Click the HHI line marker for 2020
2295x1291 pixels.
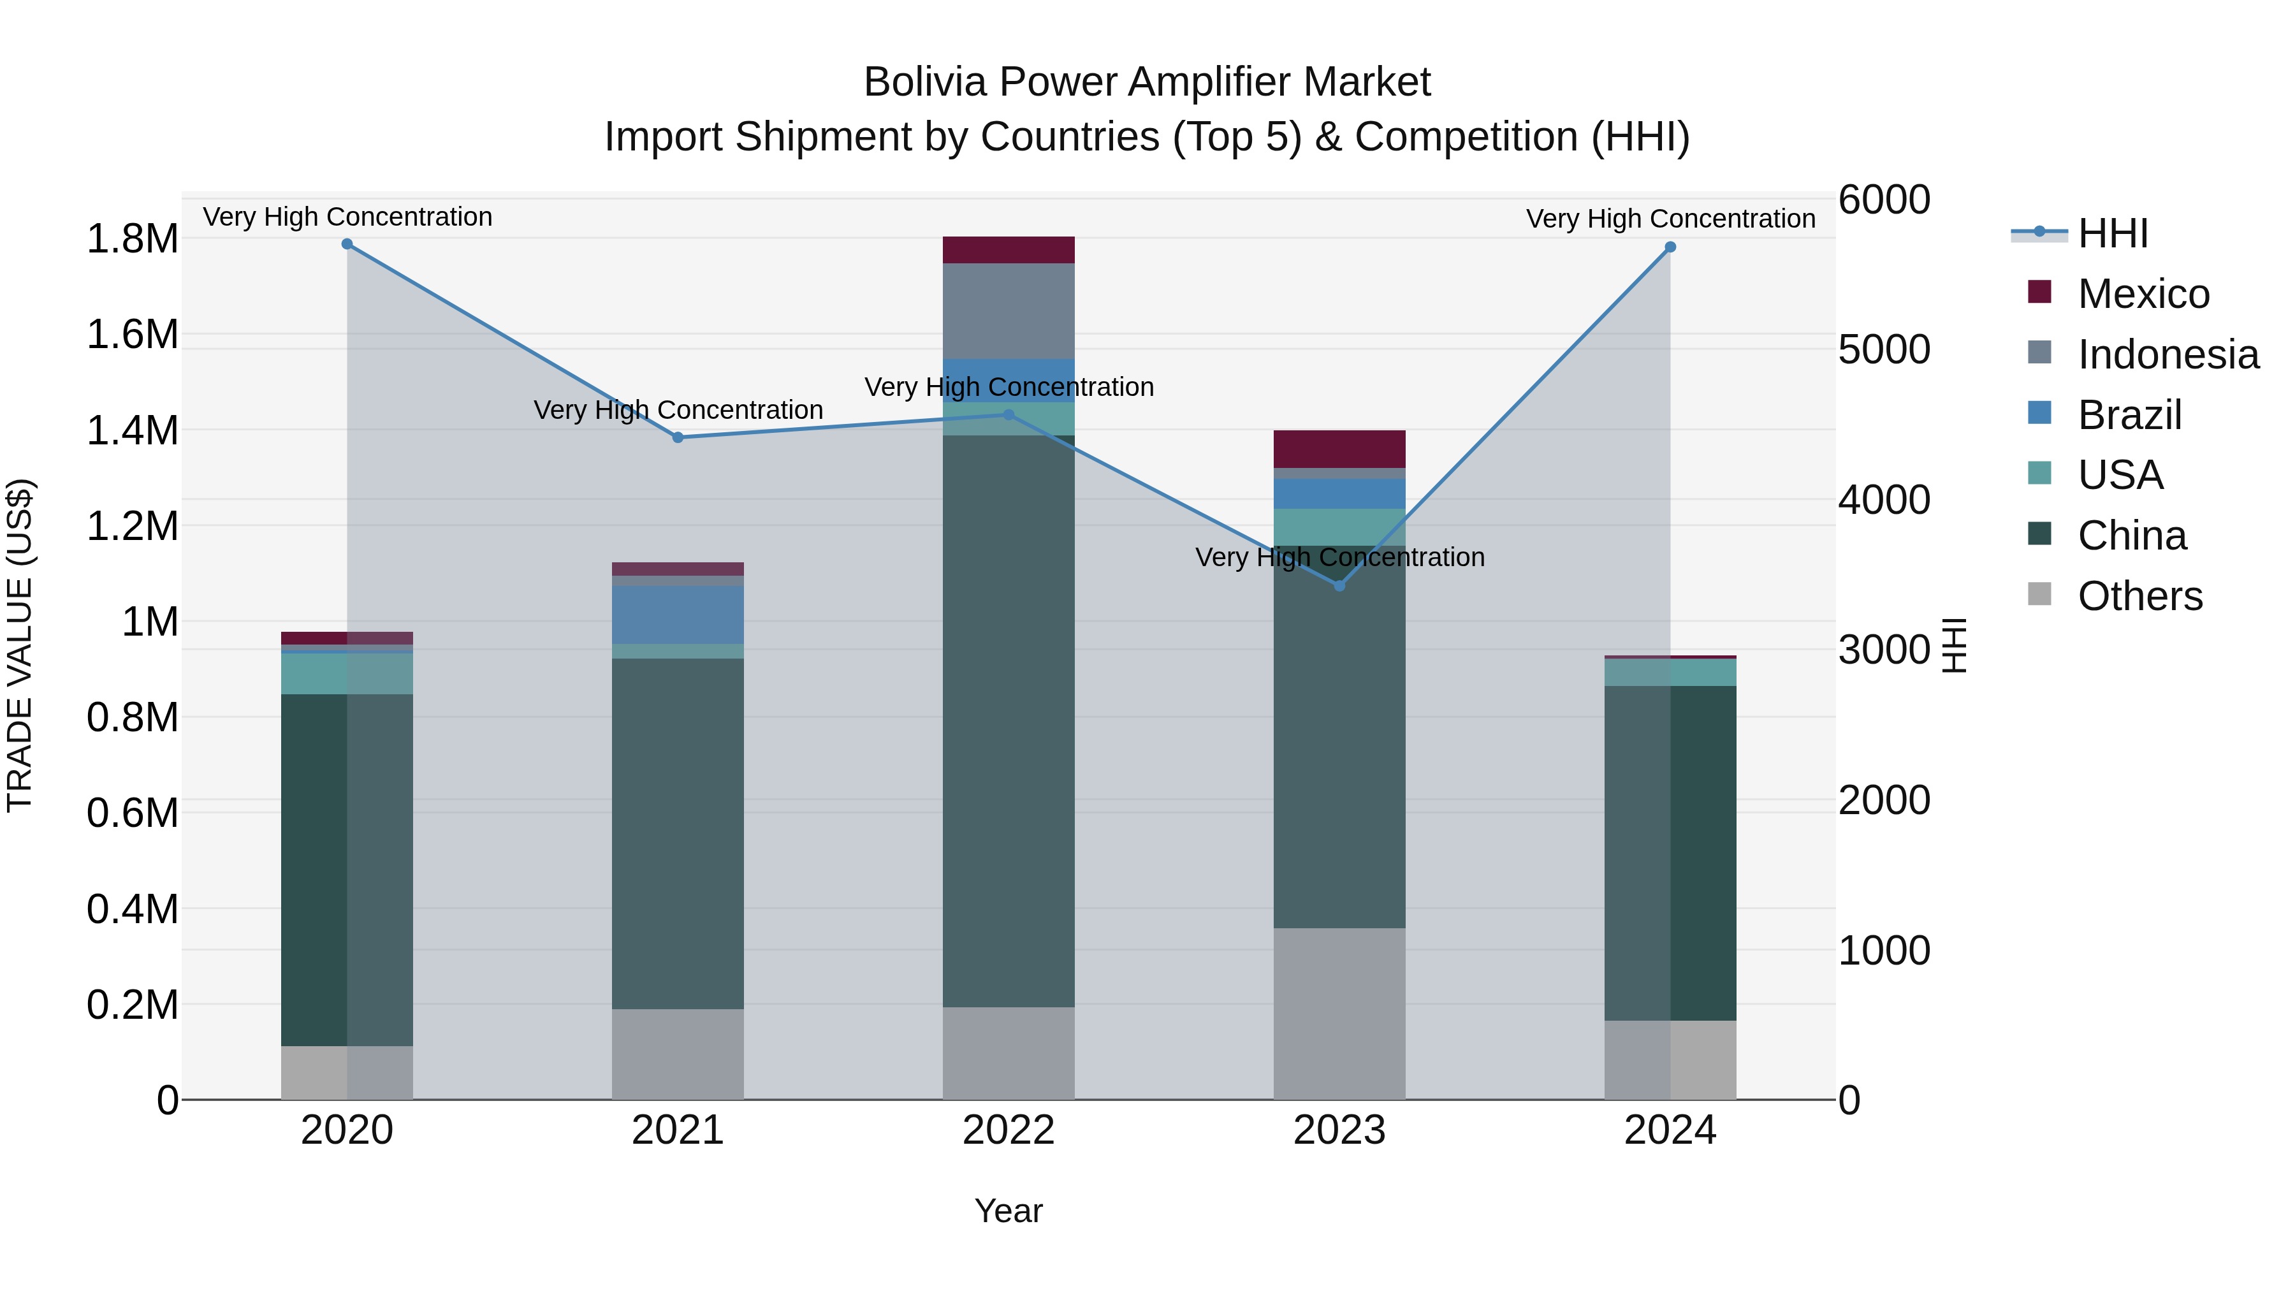[x=347, y=244]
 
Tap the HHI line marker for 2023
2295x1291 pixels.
[x=1339, y=585]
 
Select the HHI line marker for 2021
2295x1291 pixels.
[x=678, y=437]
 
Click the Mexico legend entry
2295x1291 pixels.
[x=2143, y=294]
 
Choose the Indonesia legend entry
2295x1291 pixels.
[x=2167, y=354]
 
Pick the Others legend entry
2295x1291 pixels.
[x=2139, y=596]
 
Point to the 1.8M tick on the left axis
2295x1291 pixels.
[x=132, y=239]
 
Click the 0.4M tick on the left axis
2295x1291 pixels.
[x=132, y=908]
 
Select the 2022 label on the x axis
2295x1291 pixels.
[x=1009, y=1130]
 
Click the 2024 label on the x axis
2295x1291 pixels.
[x=1670, y=1130]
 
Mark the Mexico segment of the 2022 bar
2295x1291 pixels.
[x=1009, y=251]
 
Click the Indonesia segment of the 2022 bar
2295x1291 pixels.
[x=1009, y=311]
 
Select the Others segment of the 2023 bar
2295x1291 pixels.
[x=1339, y=1014]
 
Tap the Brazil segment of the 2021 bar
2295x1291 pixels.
[x=678, y=615]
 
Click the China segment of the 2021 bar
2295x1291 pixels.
[x=678, y=833]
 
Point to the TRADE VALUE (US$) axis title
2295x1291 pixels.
[x=20, y=645]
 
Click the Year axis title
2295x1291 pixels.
[x=1009, y=1211]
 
